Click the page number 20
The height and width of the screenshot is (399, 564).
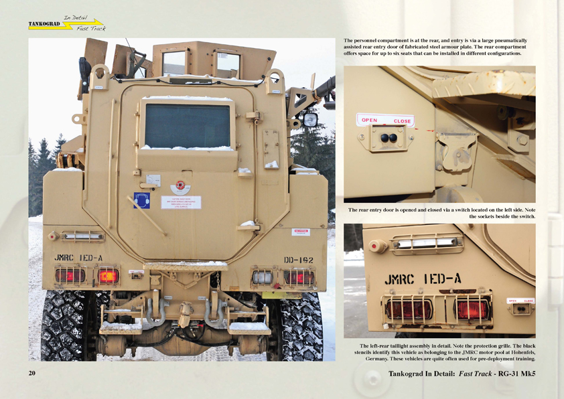(32, 373)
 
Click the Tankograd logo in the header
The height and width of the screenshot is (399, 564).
(66, 25)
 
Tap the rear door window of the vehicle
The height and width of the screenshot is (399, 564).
(187, 125)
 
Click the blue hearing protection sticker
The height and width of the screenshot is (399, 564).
(141, 200)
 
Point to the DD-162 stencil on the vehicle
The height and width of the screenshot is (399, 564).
(298, 259)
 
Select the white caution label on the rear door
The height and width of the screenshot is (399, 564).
(180, 202)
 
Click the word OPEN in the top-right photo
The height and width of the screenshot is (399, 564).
(370, 121)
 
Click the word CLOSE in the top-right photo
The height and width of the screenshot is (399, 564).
(402, 121)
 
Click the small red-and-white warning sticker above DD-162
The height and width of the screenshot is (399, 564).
(302, 232)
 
